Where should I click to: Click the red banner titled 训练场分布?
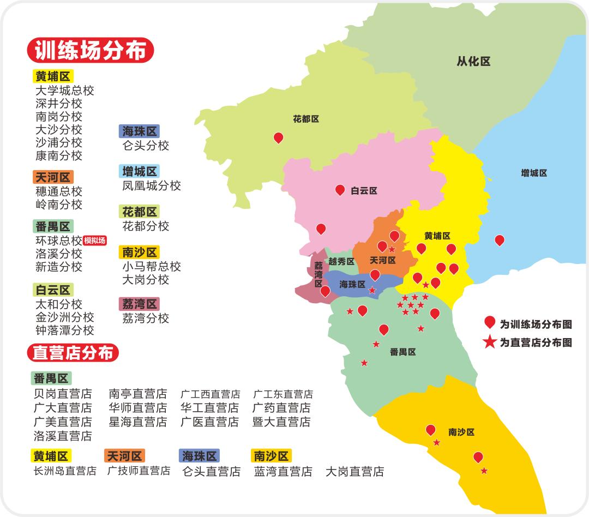(x=91, y=51)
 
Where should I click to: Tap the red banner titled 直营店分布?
(x=73, y=353)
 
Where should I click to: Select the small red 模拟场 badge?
(x=95, y=241)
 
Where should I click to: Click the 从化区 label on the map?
(x=473, y=62)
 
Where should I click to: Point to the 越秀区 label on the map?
(x=341, y=261)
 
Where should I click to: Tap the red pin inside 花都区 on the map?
(x=278, y=137)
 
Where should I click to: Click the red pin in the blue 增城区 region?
(x=499, y=239)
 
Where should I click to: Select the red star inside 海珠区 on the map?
(x=372, y=290)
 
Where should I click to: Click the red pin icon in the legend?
(x=489, y=322)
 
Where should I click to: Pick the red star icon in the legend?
(x=489, y=342)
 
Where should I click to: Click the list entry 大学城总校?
(x=65, y=91)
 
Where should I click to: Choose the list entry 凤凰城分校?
(x=152, y=186)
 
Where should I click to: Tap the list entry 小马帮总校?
(x=152, y=267)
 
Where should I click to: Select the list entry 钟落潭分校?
(x=65, y=330)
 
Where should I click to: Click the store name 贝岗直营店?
(x=63, y=394)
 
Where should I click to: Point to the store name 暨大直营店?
(x=282, y=422)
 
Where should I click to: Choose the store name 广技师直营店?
(x=139, y=471)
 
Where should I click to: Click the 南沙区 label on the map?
(x=461, y=432)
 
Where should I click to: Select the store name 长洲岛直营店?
(x=65, y=471)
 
